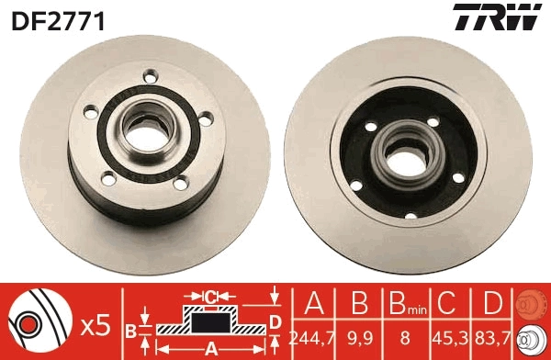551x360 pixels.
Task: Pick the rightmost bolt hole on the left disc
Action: tap(206, 117)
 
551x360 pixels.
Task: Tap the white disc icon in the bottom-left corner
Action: tap(32, 325)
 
